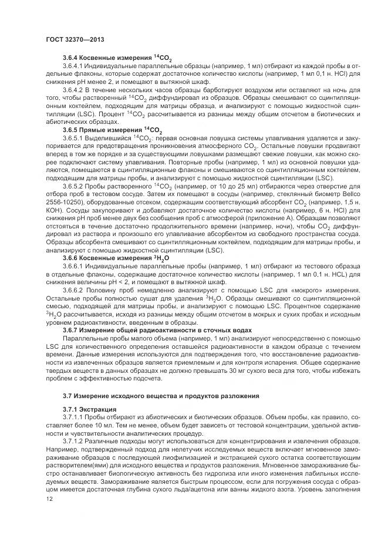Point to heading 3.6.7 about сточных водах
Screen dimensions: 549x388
[x=157, y=330]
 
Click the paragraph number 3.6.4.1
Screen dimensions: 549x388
[x=75, y=66]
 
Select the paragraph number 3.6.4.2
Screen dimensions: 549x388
[x=75, y=90]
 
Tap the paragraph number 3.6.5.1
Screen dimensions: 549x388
[x=75, y=137]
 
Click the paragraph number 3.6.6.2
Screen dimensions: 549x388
[x=75, y=290]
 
